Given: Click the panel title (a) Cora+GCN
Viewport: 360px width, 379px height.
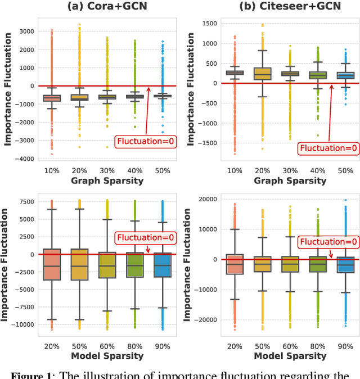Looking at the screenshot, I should click(x=106, y=7).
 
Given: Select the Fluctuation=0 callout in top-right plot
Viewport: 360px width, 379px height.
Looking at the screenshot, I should click(x=328, y=148).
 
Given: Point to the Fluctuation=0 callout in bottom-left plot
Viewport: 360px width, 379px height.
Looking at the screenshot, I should click(x=145, y=238).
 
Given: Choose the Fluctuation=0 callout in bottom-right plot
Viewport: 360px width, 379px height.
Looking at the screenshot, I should click(x=328, y=242).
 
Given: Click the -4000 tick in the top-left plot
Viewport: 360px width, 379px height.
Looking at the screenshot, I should click(x=23, y=159).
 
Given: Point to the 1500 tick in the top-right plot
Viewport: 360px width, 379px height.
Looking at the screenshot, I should click(x=210, y=22).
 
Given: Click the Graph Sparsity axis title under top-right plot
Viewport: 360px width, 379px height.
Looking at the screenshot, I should click(x=290, y=181).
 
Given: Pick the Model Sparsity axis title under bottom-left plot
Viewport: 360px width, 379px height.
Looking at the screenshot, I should click(x=107, y=356).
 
